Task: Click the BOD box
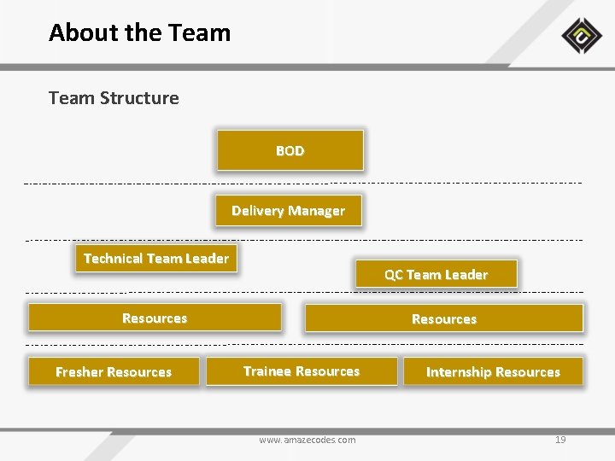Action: (290, 150)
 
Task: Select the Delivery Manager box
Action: (288, 211)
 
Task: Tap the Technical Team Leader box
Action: (155, 259)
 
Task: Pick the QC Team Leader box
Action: (436, 274)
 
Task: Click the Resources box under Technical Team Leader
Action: (155, 318)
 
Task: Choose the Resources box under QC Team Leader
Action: (443, 318)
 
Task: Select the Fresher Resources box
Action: (114, 371)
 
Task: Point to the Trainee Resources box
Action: (302, 371)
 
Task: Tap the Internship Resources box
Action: (493, 371)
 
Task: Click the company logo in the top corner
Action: (582, 36)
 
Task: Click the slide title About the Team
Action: (140, 33)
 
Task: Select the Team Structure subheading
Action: (114, 98)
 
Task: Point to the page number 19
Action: (560, 440)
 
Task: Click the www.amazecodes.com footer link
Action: (307, 440)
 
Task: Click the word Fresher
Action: (79, 372)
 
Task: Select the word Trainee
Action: (267, 371)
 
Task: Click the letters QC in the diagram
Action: (393, 275)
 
